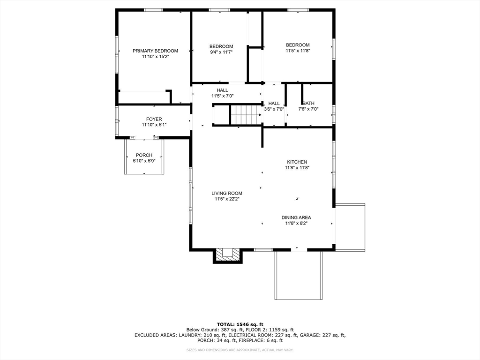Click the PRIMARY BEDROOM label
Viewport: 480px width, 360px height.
[x=155, y=51]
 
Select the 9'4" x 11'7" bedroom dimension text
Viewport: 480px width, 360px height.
[x=221, y=52]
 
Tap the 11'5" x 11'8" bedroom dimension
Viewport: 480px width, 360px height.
[x=298, y=51]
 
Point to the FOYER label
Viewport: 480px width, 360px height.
[x=154, y=119]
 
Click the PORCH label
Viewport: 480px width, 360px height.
[x=144, y=155]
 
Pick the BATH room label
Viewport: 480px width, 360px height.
[x=308, y=103]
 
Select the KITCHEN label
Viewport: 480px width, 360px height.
[x=297, y=162]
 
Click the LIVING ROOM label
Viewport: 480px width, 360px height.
[x=226, y=193]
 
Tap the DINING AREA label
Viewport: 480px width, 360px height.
[x=296, y=217]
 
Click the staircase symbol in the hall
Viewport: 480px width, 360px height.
[x=244, y=114]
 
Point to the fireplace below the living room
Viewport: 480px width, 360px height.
[x=228, y=255]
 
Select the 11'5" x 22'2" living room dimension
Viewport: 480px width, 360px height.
[x=226, y=199]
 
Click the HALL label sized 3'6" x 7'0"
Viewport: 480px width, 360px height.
[x=274, y=103]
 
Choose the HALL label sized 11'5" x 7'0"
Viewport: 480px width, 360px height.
[x=222, y=90]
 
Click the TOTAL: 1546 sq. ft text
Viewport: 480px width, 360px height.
[x=240, y=324]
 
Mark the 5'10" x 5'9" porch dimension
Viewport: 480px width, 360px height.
[x=144, y=161]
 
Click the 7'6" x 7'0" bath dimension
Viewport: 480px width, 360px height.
[x=308, y=109]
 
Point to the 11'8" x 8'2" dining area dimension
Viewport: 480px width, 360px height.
[x=296, y=223]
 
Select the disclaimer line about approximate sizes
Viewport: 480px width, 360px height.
[x=240, y=350]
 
